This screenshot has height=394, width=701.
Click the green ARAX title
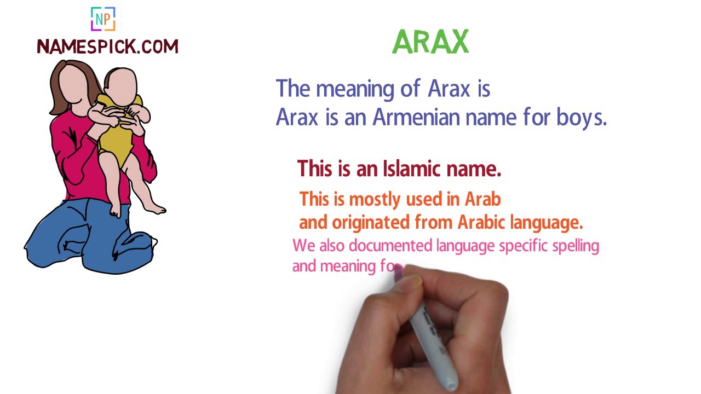tap(430, 42)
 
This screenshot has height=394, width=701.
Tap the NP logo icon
tap(103, 19)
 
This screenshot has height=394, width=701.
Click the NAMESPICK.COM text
tap(107, 47)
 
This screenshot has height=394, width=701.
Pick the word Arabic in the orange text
tap(481, 222)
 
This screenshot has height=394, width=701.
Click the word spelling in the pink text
tap(575, 246)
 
